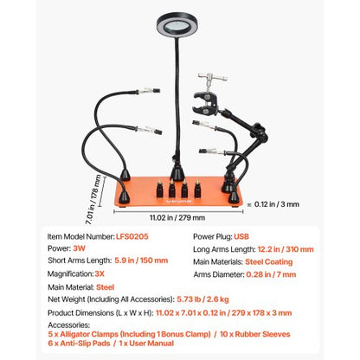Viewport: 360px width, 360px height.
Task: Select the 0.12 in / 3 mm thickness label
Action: (x=279, y=203)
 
